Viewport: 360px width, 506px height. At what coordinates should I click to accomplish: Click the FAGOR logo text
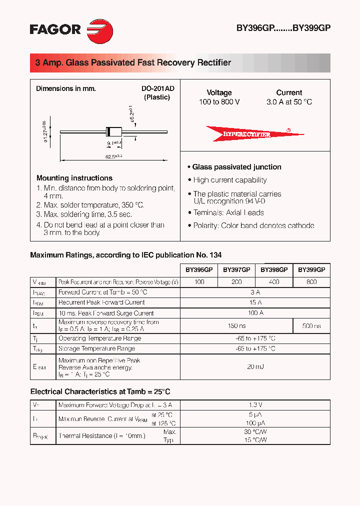(x=55, y=29)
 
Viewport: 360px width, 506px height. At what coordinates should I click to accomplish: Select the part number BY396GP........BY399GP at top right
(x=283, y=28)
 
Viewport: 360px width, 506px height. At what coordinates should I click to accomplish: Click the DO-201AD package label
(x=157, y=88)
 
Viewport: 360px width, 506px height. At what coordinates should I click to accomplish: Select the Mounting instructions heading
(x=74, y=178)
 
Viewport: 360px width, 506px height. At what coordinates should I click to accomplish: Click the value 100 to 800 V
(x=219, y=102)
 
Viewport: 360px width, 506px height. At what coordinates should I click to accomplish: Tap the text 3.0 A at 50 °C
(x=289, y=102)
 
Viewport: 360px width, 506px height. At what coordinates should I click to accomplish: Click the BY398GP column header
(x=274, y=269)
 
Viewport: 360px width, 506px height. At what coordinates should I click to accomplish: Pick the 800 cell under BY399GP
(x=311, y=282)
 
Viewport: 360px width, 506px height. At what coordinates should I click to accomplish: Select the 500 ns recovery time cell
(x=311, y=326)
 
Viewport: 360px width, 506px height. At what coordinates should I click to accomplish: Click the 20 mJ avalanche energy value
(x=255, y=367)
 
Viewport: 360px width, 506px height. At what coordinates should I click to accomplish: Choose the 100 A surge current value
(x=255, y=313)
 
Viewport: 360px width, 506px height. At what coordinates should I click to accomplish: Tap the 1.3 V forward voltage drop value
(x=255, y=405)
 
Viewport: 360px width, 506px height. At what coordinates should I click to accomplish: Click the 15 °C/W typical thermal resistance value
(x=255, y=440)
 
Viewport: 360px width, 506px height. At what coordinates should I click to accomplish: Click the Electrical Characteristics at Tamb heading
(x=100, y=391)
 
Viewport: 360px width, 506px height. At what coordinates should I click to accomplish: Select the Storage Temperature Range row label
(x=96, y=348)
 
